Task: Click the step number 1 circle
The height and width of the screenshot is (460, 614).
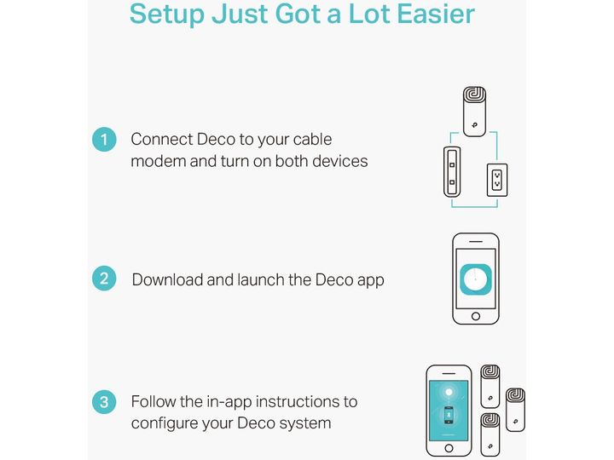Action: point(104,139)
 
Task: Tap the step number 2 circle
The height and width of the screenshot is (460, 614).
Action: point(104,278)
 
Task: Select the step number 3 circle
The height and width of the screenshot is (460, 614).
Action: point(104,402)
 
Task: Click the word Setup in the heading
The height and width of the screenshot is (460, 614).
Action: point(167,14)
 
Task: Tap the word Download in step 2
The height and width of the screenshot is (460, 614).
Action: point(168,279)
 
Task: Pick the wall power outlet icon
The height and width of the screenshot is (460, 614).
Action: point(497,180)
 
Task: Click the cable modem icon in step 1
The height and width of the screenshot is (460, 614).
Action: point(452,172)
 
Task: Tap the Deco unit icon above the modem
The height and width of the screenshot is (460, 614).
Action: point(475,112)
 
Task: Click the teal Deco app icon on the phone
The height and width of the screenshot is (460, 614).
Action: point(476,279)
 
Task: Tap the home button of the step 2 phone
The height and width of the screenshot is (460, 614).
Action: point(476,316)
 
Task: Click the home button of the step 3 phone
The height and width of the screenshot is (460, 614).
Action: point(449,448)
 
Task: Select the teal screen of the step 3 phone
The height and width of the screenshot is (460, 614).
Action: point(449,411)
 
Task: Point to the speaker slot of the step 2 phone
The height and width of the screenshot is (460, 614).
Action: point(476,242)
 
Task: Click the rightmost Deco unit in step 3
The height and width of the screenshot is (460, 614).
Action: point(515,410)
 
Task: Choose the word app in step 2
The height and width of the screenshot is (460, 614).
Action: point(371,281)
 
